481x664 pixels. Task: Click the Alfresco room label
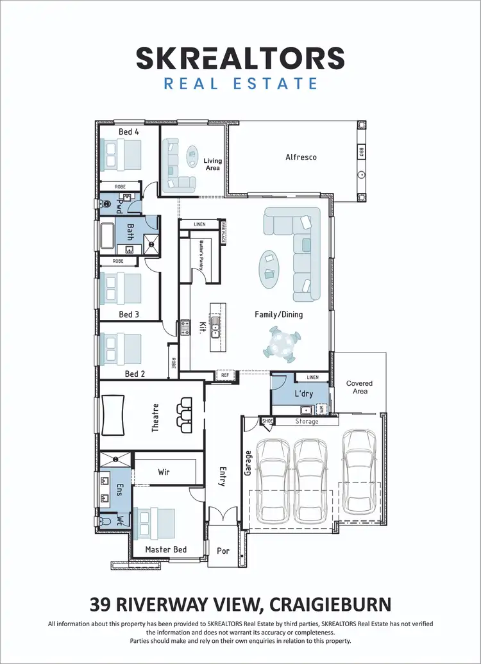coord(301,157)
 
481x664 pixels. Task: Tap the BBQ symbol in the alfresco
coord(361,153)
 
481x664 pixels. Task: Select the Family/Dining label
coord(278,315)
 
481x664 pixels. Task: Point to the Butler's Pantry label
coord(200,253)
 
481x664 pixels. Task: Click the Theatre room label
coord(155,417)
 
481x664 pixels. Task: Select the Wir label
coord(164,472)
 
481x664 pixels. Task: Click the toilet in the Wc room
coord(106,521)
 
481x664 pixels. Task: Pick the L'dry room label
coord(303,393)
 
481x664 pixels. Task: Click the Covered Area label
coord(359,387)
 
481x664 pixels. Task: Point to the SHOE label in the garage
coord(267,421)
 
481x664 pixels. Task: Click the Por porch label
coord(222,551)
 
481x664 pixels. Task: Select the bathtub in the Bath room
coord(106,236)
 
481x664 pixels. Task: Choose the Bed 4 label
coord(129,132)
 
